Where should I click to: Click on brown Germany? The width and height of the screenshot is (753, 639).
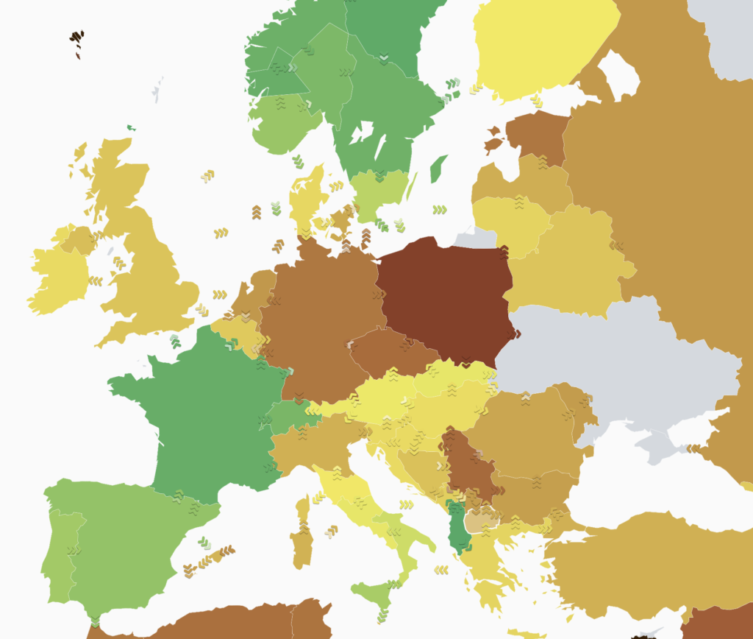316,324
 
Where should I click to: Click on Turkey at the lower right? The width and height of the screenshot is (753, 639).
647,559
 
